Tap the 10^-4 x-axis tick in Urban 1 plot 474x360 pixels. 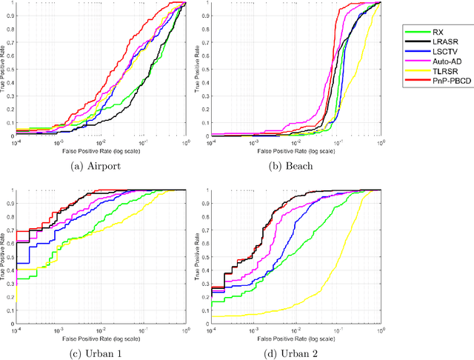16,330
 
